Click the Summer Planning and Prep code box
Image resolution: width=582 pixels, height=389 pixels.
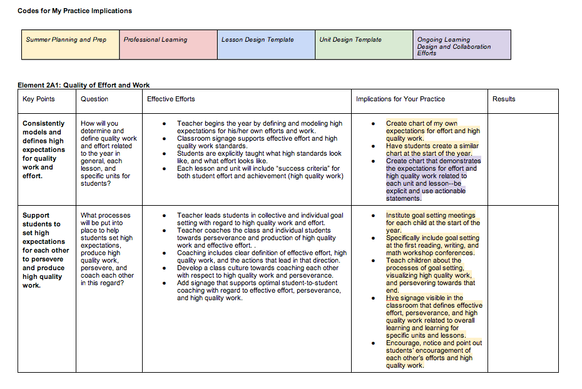click(70, 44)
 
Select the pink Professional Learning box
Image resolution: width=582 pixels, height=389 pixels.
click(168, 44)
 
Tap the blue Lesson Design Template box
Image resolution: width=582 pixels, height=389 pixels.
click(266, 44)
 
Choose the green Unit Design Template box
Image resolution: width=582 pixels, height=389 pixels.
click(364, 44)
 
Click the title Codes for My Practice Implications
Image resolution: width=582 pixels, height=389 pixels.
click(74, 11)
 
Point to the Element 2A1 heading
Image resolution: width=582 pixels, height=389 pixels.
click(84, 85)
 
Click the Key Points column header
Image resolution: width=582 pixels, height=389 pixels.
click(39, 99)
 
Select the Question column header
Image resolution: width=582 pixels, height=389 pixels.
click(94, 99)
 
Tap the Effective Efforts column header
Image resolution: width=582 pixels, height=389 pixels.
click(171, 99)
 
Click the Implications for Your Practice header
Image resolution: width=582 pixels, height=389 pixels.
click(401, 99)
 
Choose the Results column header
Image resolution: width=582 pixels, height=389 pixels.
click(504, 99)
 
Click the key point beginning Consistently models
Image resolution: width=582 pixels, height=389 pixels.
click(44, 149)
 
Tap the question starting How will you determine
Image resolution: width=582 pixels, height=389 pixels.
click(108, 153)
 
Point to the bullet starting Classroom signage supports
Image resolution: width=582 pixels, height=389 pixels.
click(257, 142)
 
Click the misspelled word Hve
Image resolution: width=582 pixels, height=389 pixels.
click(392, 298)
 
